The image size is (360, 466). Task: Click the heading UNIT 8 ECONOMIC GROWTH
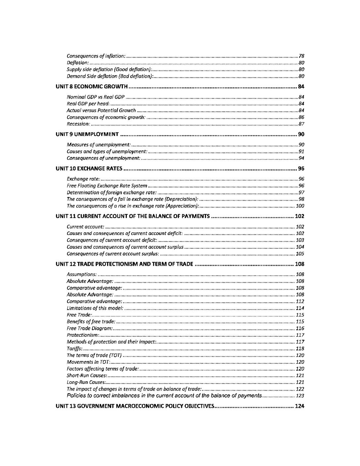coord(91,87)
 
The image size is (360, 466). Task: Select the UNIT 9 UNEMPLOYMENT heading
coord(87,134)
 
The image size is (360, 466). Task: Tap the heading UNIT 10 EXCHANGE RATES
coord(89,169)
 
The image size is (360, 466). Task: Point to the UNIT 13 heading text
coord(135,406)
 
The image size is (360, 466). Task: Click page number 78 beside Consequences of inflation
coord(301,56)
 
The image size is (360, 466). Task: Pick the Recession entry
coord(78,124)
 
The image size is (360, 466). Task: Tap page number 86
coord(301,117)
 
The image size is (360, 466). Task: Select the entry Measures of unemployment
coord(99,145)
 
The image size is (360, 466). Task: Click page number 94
coord(301,158)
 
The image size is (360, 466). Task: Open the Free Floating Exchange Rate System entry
coord(107,186)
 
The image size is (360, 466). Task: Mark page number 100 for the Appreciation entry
coord(300,206)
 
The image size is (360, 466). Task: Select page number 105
coord(300,254)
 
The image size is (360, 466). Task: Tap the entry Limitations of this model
coord(95,308)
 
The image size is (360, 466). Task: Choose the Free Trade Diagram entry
coord(90,328)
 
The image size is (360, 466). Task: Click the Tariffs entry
coord(74,349)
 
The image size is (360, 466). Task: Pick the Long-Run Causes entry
coord(86,382)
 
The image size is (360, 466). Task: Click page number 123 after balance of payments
coord(300,396)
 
